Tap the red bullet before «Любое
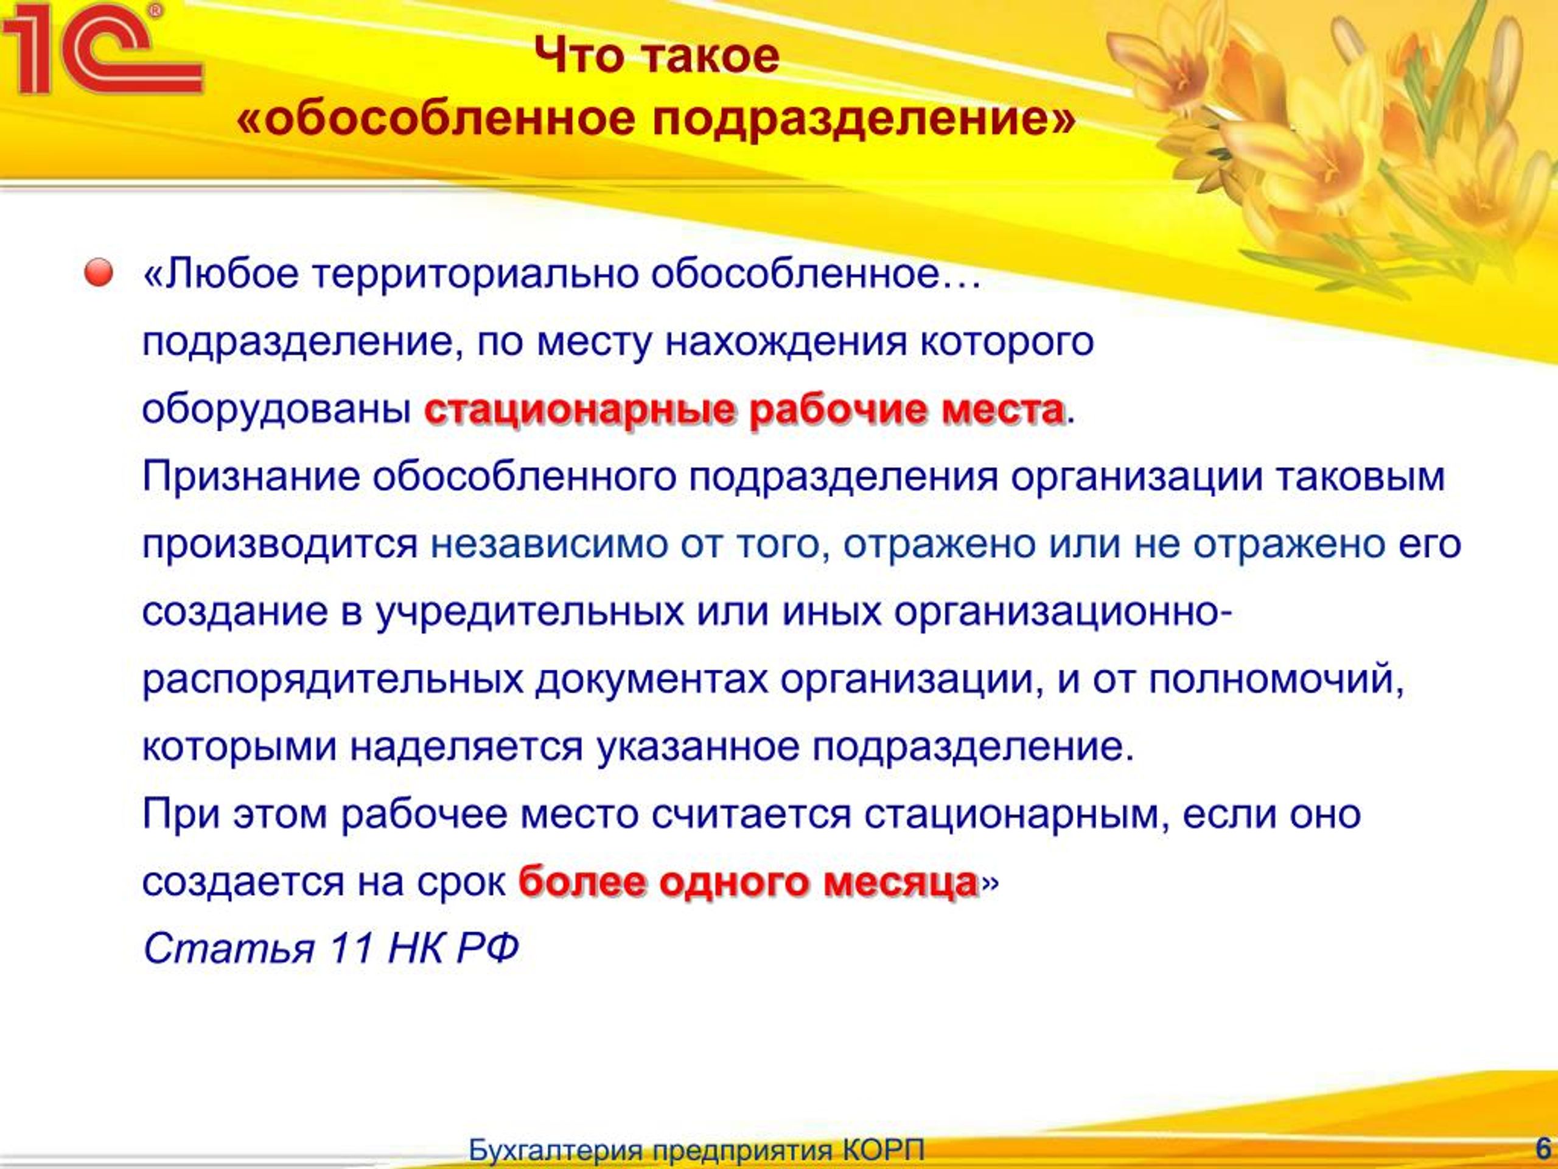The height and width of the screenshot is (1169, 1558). (x=99, y=273)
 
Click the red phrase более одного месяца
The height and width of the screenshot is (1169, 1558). (x=748, y=882)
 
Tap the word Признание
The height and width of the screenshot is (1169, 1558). (x=251, y=478)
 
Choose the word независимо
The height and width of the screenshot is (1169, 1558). (x=548, y=545)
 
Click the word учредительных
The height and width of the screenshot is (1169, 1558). (x=529, y=613)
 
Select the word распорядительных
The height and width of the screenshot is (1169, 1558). (x=333, y=680)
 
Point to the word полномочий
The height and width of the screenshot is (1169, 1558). (x=1276, y=680)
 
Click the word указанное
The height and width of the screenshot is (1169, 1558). (x=698, y=747)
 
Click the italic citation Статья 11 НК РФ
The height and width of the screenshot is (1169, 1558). (x=331, y=948)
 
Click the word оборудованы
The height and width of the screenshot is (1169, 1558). (x=277, y=410)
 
